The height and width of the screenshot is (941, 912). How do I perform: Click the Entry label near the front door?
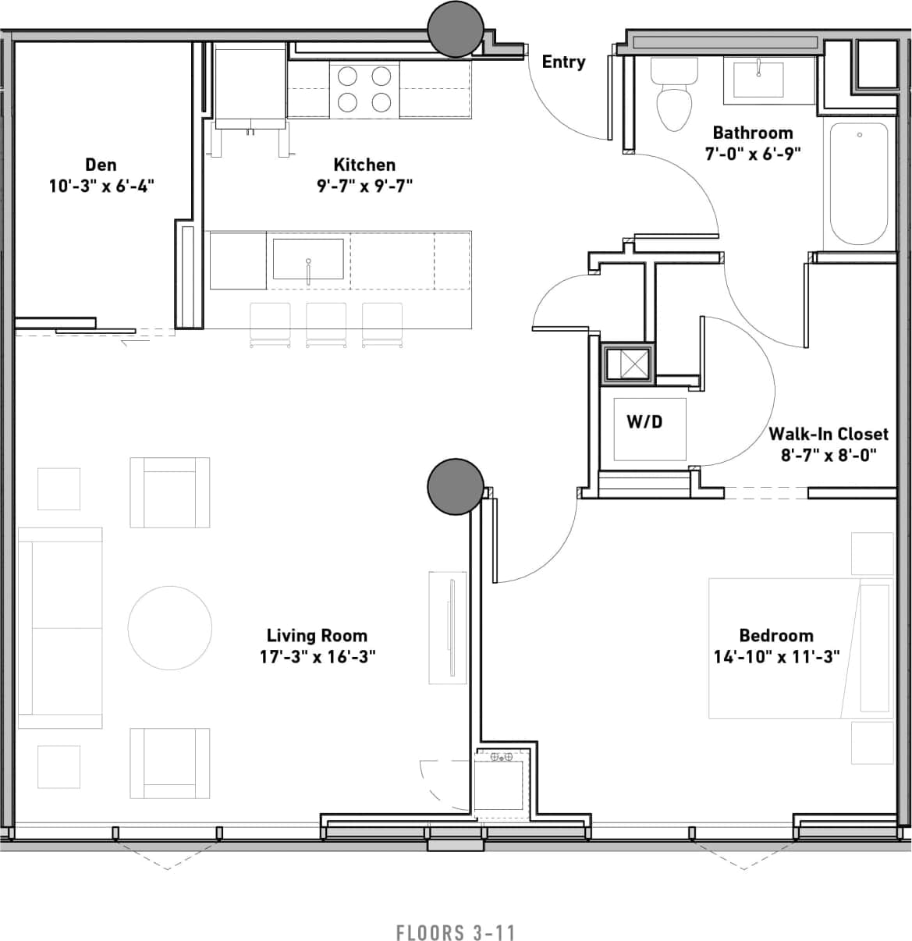(563, 62)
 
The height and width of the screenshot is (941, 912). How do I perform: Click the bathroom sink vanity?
(758, 80)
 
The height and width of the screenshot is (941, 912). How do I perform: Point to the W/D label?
(644, 422)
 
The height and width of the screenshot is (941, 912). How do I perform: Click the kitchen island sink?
(308, 260)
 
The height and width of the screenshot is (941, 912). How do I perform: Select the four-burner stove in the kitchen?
(364, 90)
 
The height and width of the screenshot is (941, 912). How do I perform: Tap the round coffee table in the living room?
(170, 628)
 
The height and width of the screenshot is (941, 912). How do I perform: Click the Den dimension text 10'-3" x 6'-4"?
(101, 186)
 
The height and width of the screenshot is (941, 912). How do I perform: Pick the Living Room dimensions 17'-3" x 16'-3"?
(318, 656)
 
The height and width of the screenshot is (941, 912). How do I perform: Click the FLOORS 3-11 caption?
(456, 932)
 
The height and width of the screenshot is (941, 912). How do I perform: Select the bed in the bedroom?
(800, 648)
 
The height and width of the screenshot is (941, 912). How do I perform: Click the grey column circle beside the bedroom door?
(456, 487)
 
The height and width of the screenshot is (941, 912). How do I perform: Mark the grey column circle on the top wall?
(456, 29)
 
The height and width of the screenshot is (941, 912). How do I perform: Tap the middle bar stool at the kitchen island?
(326, 324)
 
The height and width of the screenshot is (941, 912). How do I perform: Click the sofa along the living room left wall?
(60, 628)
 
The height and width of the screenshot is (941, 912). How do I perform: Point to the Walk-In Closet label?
(829, 434)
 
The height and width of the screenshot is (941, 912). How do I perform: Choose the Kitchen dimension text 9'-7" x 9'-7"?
(364, 186)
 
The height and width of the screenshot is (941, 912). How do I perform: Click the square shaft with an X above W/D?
(628, 364)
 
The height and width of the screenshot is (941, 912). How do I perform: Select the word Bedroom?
(776, 635)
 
